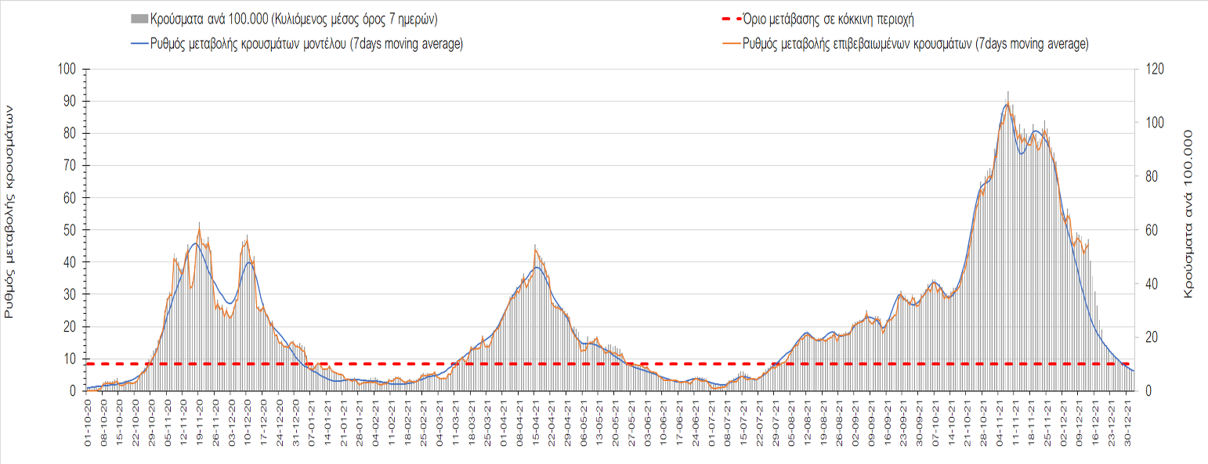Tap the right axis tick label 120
1156,69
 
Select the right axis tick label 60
1152,230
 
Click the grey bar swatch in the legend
139,18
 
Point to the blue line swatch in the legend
139,44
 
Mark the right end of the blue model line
1134,371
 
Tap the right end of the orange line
1088,243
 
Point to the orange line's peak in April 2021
535,246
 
